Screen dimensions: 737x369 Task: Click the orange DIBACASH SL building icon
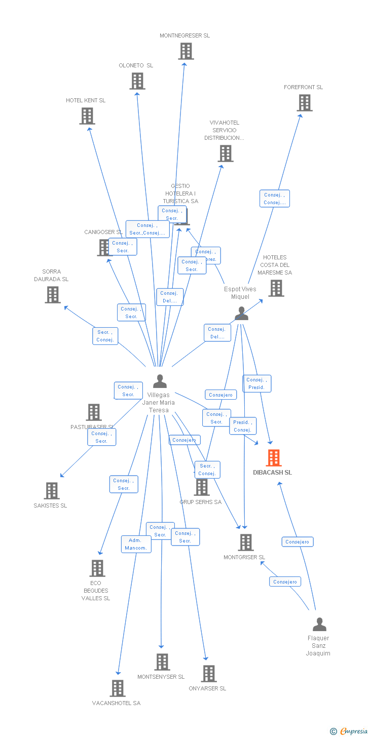click(x=274, y=458)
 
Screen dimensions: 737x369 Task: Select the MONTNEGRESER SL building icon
click(x=186, y=51)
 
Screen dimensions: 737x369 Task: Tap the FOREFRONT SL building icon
click(x=304, y=103)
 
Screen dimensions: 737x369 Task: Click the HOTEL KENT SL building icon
click(x=87, y=116)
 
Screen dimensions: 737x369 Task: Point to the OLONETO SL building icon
click(x=137, y=81)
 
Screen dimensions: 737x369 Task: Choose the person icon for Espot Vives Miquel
click(x=241, y=314)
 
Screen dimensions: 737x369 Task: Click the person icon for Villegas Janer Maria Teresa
click(x=160, y=381)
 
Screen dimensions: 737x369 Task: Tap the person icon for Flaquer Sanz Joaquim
click(x=319, y=625)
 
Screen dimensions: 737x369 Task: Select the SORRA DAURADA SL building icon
click(x=52, y=295)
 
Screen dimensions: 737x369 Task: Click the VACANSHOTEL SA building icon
click(x=118, y=688)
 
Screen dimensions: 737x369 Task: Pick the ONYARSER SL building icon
click(x=209, y=674)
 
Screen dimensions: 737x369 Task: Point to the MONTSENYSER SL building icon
click(x=162, y=662)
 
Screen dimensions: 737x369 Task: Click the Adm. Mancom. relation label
click(x=136, y=544)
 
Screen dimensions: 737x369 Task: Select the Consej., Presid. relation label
click(x=256, y=383)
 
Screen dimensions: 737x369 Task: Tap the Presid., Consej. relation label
click(x=242, y=426)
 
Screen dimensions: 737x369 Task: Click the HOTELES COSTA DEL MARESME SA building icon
click(x=276, y=288)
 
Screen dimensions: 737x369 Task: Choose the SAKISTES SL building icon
click(x=52, y=491)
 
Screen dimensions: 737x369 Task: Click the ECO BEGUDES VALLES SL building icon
click(x=97, y=568)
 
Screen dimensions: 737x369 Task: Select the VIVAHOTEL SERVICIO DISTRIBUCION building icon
click(x=226, y=153)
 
